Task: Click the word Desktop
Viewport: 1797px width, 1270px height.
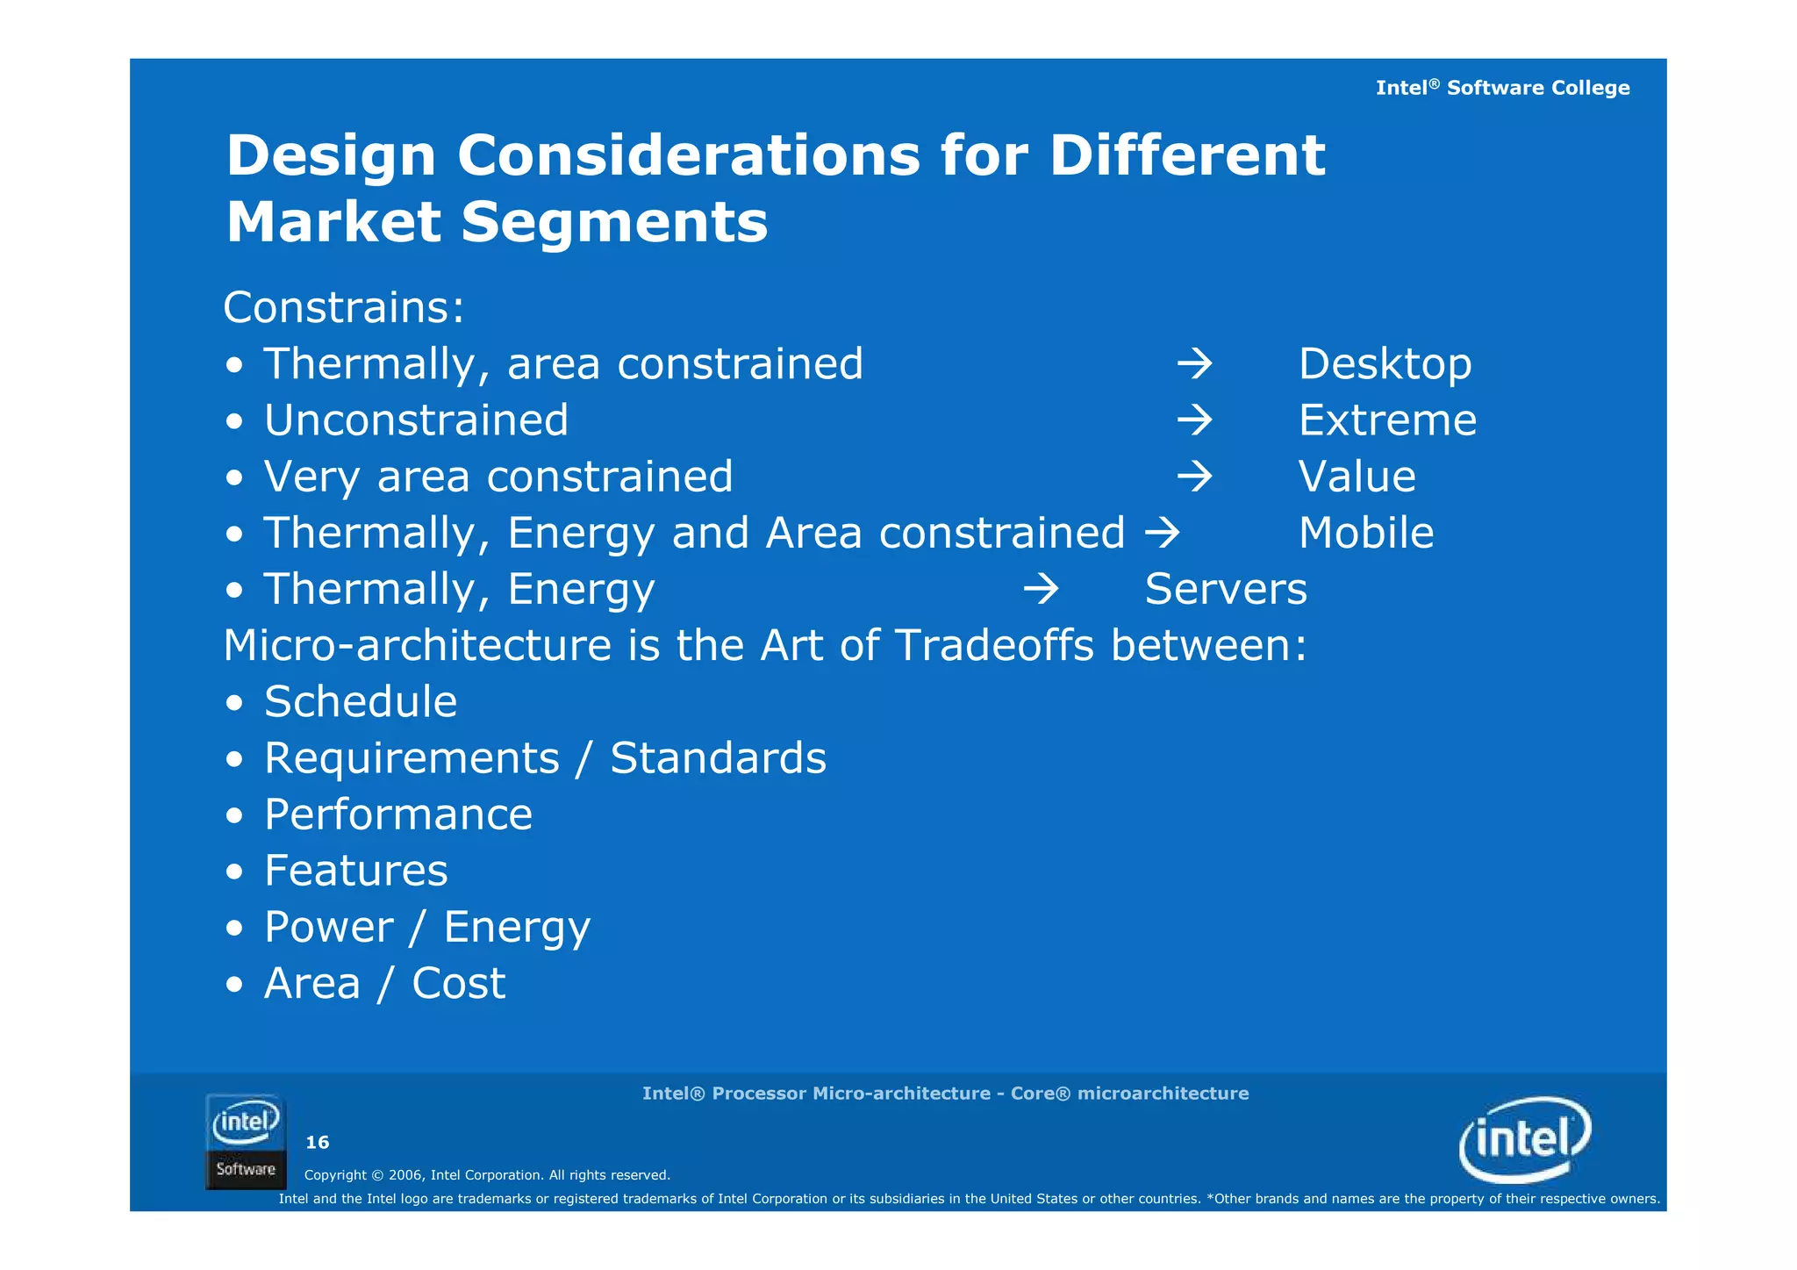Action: [1384, 364]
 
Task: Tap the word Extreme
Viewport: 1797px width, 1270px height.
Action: [1386, 420]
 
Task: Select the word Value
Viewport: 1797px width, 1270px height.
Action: [1357, 477]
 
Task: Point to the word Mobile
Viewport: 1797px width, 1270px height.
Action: [1365, 533]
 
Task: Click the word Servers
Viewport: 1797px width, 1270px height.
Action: [1225, 589]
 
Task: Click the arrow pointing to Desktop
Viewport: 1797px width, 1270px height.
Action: [1194, 364]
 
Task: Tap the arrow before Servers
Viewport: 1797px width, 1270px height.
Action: [1041, 589]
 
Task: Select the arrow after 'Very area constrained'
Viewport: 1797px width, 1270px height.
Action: [1194, 477]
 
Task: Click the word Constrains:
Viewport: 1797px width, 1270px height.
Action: [343, 308]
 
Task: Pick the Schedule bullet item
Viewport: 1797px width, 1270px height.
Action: [360, 702]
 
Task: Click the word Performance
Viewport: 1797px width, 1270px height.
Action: [397, 814]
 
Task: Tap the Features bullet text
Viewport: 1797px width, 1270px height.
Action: [355, 871]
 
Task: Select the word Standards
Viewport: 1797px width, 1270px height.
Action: [717, 758]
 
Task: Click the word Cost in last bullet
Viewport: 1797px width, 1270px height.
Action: [458, 983]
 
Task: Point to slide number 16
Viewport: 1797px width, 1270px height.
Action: [317, 1142]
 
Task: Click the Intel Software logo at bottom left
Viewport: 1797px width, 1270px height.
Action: [246, 1141]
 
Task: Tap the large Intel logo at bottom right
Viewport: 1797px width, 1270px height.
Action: [1524, 1139]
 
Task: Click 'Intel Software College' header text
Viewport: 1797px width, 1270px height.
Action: [1501, 88]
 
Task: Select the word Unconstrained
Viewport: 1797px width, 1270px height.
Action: [416, 420]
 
